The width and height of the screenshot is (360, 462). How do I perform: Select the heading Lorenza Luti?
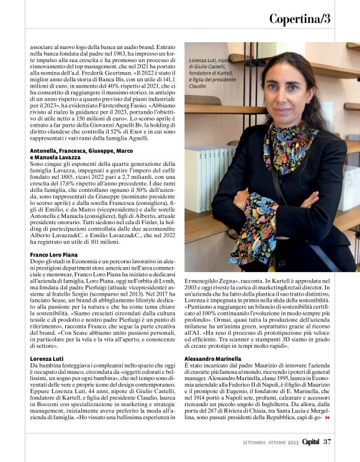pyautogui.click(x=47, y=359)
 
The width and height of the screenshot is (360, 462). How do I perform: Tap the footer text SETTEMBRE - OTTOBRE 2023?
pyautogui.click(x=271, y=442)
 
